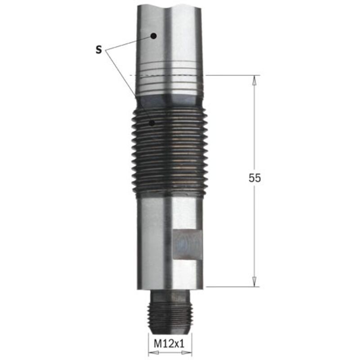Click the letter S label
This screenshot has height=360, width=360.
[x=99, y=49]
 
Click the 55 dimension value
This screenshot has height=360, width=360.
[x=255, y=178]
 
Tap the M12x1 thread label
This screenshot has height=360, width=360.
[x=169, y=344]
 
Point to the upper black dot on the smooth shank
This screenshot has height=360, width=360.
[x=153, y=36]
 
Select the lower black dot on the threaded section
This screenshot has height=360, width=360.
[x=152, y=123]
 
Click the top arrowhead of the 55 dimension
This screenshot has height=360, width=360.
[x=254, y=81]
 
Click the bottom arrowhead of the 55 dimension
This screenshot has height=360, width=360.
[x=254, y=282]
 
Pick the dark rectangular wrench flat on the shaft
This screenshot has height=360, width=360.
[x=188, y=244]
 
